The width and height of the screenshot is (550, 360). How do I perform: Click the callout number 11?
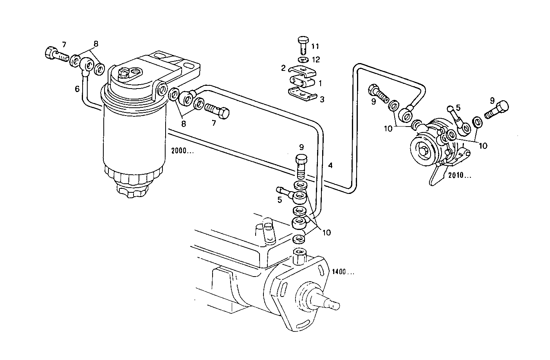pos(315,47)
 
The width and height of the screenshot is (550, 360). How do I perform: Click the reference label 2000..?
pos(182,150)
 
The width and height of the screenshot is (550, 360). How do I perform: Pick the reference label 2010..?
pos(460,175)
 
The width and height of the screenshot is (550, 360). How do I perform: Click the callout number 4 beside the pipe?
pos(330,166)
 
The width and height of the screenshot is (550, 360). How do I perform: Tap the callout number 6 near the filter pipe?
pos(77,89)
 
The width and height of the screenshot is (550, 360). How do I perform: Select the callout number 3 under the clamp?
pos(322,99)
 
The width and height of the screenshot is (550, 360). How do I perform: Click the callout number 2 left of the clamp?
pos(283,68)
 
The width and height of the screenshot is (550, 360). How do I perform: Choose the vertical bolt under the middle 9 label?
pos(301,166)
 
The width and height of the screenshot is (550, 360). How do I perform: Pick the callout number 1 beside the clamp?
pos(320,83)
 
